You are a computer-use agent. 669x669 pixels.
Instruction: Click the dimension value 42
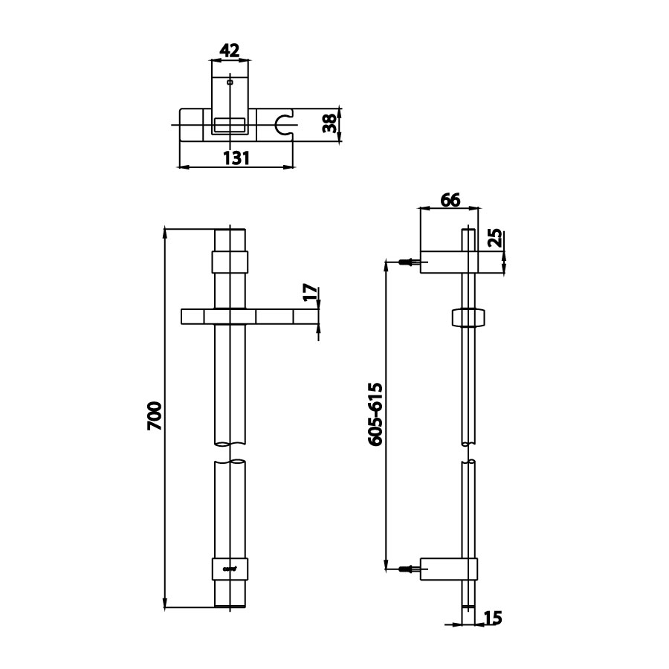[x=230, y=51]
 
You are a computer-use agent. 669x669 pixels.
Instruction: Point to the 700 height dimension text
[x=154, y=417]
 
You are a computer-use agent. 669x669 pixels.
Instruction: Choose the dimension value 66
[x=450, y=199]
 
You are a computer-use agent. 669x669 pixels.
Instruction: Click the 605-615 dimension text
[x=375, y=415]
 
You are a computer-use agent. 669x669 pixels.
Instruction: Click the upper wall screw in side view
[x=408, y=262]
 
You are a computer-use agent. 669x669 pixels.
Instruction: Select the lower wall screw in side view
[x=408, y=569]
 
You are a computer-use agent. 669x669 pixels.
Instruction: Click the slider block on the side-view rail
[x=468, y=317]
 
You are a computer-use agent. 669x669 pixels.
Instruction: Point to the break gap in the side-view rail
[x=468, y=453]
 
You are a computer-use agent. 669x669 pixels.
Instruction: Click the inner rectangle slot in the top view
[x=230, y=125]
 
